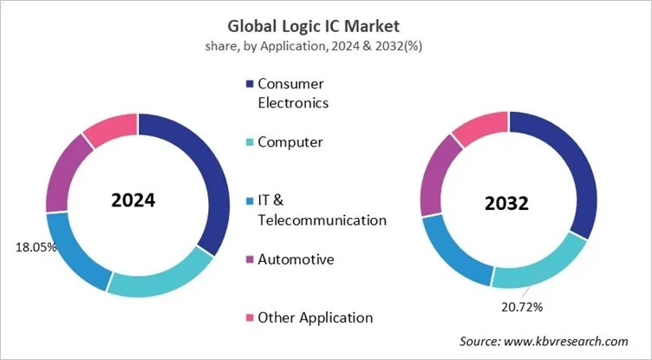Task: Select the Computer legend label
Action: pos(290,141)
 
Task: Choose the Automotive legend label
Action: pos(297,259)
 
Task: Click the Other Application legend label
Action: pos(316,317)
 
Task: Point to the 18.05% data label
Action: pos(36,247)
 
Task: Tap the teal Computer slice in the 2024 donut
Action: pos(160,278)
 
